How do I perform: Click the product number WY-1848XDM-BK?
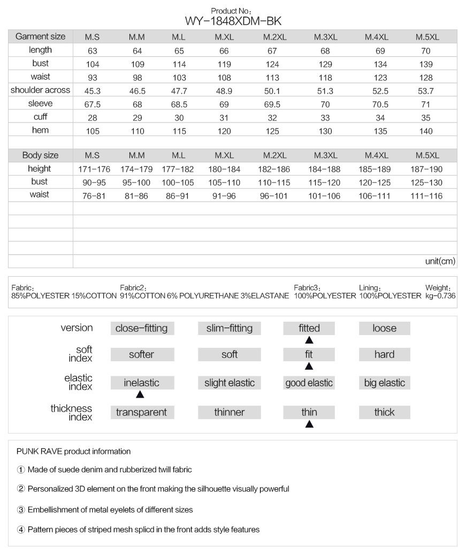pyautogui.click(x=233, y=21)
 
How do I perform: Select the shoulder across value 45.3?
pyautogui.click(x=92, y=90)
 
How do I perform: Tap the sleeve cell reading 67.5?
pyautogui.click(x=92, y=104)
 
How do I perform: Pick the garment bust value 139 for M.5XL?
pyautogui.click(x=427, y=64)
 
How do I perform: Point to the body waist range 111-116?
pyautogui.click(x=427, y=196)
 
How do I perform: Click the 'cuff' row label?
pyautogui.click(x=41, y=117)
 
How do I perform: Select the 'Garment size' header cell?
pyautogui.click(x=41, y=36)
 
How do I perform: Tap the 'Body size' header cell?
pyautogui.click(x=41, y=155)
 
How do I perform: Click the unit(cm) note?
pyautogui.click(x=440, y=262)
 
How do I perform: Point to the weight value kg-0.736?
pyautogui.click(x=440, y=295)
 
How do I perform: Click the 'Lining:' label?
pyautogui.click(x=370, y=288)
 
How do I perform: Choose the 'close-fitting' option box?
pyautogui.click(x=141, y=328)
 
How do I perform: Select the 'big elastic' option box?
pyautogui.click(x=384, y=383)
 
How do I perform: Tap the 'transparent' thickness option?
pyautogui.click(x=141, y=412)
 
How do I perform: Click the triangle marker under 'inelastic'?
pyautogui.click(x=140, y=395)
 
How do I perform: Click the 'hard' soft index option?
pyautogui.click(x=384, y=354)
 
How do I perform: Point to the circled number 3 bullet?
pyautogui.click(x=21, y=510)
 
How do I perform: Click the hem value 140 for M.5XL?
pyautogui.click(x=427, y=130)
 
